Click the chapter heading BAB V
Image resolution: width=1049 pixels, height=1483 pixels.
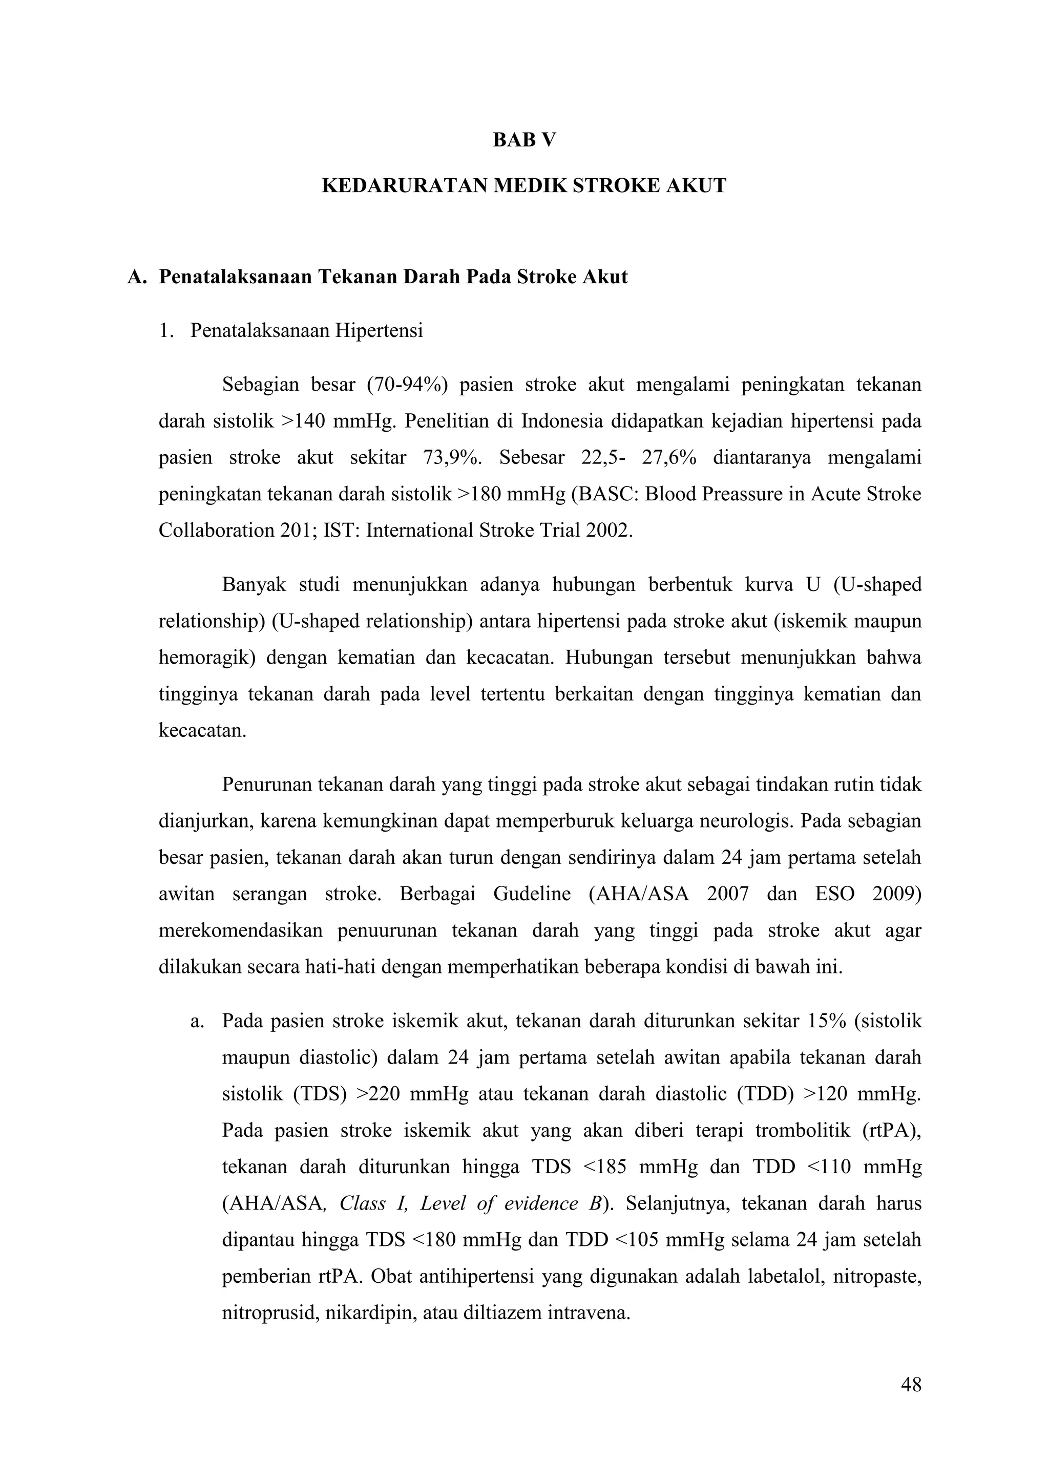click(x=524, y=140)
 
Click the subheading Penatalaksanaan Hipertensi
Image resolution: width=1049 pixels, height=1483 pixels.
click(x=306, y=331)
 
